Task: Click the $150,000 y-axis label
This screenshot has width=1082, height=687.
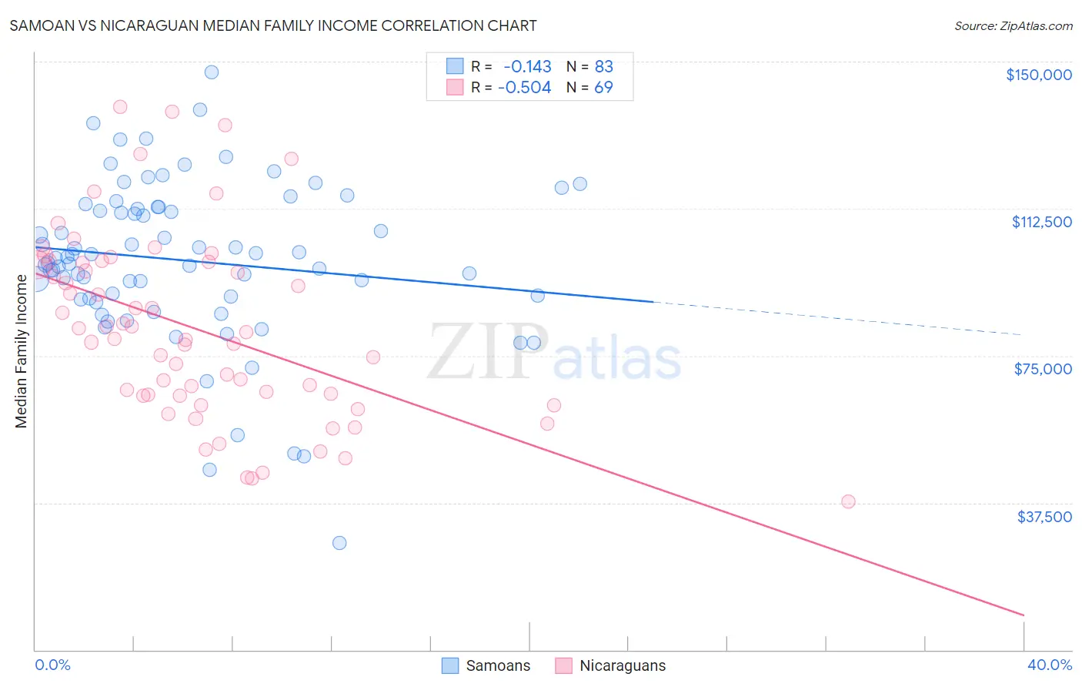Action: pyautogui.click(x=1038, y=75)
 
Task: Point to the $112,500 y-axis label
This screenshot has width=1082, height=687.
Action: pyautogui.click(x=1041, y=222)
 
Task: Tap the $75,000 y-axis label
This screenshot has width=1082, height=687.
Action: pyautogui.click(x=1043, y=369)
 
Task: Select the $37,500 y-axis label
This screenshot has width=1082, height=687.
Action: pyautogui.click(x=1044, y=517)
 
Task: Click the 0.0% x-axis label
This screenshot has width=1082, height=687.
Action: pyautogui.click(x=52, y=665)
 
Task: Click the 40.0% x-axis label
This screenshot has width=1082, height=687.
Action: pyautogui.click(x=1049, y=665)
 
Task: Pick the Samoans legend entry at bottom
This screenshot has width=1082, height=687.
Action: pyautogui.click(x=486, y=665)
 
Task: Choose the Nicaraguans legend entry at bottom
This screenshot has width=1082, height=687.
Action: pyautogui.click(x=609, y=665)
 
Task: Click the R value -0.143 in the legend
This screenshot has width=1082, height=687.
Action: pyautogui.click(x=527, y=67)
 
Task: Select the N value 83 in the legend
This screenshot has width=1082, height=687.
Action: pyautogui.click(x=603, y=67)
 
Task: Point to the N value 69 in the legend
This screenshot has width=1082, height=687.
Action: pyautogui.click(x=603, y=88)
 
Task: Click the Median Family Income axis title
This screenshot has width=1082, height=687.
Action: pyautogui.click(x=22, y=350)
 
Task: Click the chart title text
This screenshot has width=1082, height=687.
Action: pyautogui.click(x=273, y=25)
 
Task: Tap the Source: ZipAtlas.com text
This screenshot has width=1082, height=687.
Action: pyautogui.click(x=1013, y=25)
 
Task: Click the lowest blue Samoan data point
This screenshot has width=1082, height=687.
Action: pyautogui.click(x=339, y=543)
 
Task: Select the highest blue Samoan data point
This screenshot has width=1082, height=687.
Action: pyautogui.click(x=212, y=72)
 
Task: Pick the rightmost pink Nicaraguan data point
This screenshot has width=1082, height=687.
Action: pyautogui.click(x=848, y=501)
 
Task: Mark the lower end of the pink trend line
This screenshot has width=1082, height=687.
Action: pyautogui.click(x=1024, y=615)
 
